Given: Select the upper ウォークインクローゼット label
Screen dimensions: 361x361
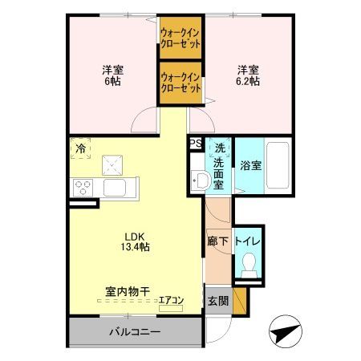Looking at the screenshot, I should tap(180, 38).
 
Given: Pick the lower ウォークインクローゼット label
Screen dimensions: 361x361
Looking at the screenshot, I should tap(180, 83).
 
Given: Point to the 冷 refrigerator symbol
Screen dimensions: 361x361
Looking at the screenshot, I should tap(80, 148).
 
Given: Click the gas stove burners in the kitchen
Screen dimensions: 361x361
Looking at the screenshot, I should tap(83, 188).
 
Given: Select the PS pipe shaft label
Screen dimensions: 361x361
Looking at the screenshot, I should tap(195, 144).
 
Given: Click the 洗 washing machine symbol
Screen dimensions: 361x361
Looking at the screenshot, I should tap(218, 148).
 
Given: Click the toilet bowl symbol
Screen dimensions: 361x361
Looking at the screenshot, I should tap(249, 264).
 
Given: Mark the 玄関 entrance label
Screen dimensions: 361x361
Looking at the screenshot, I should tap(218, 302).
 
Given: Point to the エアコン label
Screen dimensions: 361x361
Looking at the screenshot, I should tap(171, 301).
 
